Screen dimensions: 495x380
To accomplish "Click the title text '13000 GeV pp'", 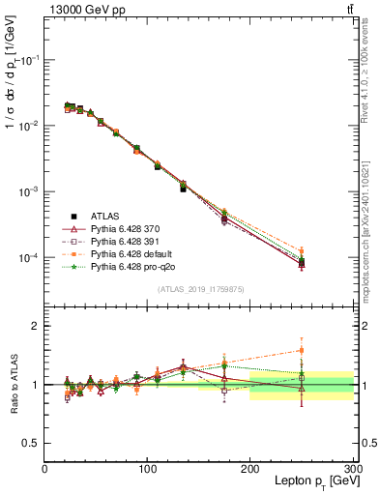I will (x=81, y=10).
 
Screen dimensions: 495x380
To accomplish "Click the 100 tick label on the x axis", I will (x=147, y=469).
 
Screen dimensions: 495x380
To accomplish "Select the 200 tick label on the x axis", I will (x=249, y=469).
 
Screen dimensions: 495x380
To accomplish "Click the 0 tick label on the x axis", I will (x=44, y=469).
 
